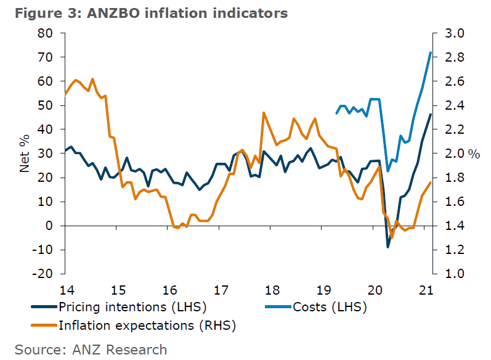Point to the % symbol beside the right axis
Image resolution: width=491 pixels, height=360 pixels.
pos(474,154)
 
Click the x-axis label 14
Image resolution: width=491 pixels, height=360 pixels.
pos(65,290)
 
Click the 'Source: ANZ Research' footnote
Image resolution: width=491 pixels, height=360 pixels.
pos(91,350)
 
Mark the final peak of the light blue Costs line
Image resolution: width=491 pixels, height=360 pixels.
pos(431,52)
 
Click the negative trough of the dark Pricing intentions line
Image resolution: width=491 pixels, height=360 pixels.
pos(388,247)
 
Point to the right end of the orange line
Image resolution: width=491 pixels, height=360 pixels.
pos(431,182)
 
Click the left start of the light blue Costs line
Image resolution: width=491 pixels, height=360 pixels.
pos(336,113)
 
